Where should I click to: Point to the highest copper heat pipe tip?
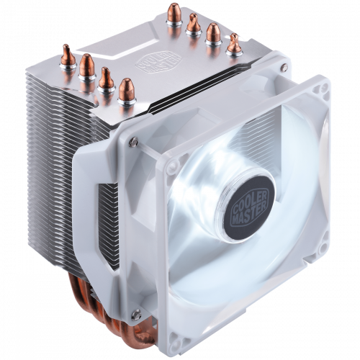point(173,13)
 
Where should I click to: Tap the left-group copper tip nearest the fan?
point(127,89)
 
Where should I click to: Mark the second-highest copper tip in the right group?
point(192,24)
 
